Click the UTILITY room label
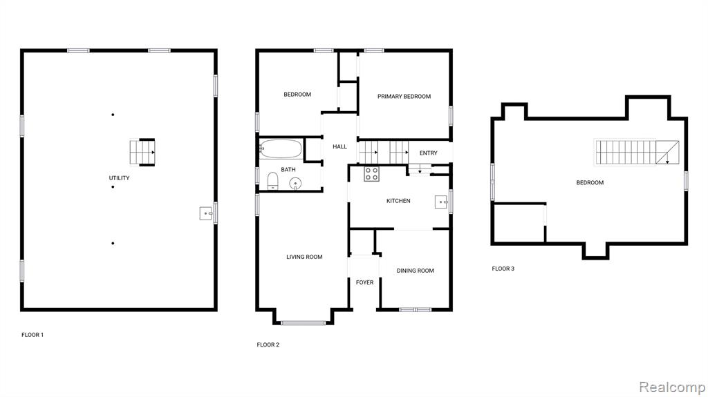[x=119, y=177]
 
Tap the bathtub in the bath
[x=281, y=148]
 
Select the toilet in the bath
[x=272, y=181]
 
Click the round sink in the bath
[x=295, y=184]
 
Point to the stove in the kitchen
[x=371, y=174]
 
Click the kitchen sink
[x=441, y=202]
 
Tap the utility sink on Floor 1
[x=206, y=213]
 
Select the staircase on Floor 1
[x=142, y=153]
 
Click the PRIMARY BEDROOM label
[x=404, y=96]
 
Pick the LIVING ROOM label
[x=304, y=257]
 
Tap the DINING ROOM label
[x=416, y=271]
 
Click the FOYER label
[x=365, y=282]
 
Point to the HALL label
[x=339, y=146]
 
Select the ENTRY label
[x=429, y=153]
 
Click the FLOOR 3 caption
[x=503, y=269]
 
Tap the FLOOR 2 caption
[x=268, y=345]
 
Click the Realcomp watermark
[x=672, y=387]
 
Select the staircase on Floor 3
[x=637, y=153]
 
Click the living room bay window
[x=304, y=322]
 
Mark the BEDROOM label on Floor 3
[x=590, y=183]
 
